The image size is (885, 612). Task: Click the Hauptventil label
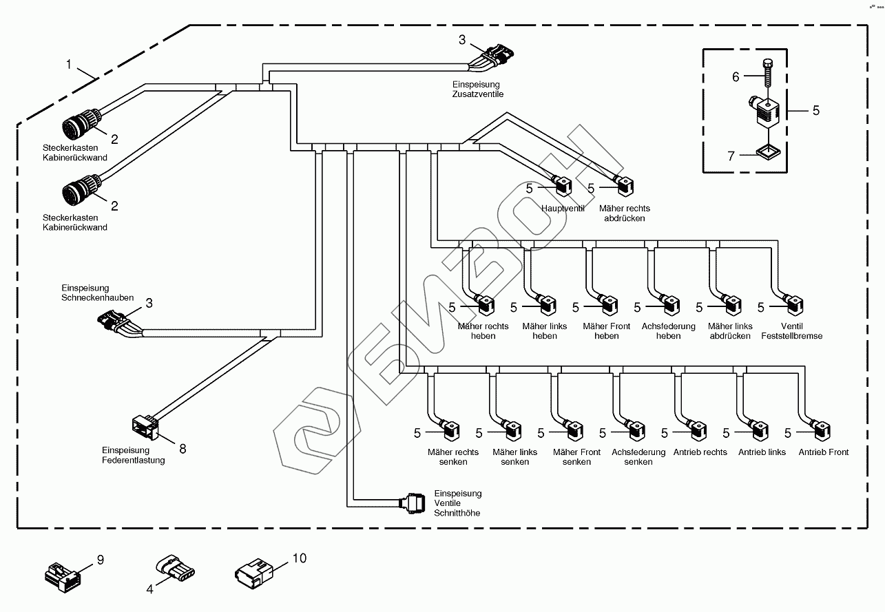click(563, 209)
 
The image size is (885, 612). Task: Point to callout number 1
click(69, 64)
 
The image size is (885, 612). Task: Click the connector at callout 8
click(145, 428)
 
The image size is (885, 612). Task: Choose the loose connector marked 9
click(63, 578)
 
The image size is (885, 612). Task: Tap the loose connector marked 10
click(254, 573)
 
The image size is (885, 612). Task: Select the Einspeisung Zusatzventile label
click(478, 89)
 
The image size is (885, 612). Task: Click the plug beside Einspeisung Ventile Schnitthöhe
click(413, 504)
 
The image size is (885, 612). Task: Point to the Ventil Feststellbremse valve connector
click(793, 305)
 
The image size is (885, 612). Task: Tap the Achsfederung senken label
click(638, 457)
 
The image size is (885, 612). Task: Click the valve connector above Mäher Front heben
click(607, 305)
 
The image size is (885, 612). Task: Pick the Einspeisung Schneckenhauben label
click(98, 293)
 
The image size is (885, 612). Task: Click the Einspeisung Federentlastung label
click(133, 455)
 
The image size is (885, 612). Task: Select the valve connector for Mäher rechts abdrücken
click(624, 186)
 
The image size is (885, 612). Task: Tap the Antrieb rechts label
click(700, 452)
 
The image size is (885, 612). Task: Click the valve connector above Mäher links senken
click(511, 431)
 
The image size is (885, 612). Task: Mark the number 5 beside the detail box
click(816, 111)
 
